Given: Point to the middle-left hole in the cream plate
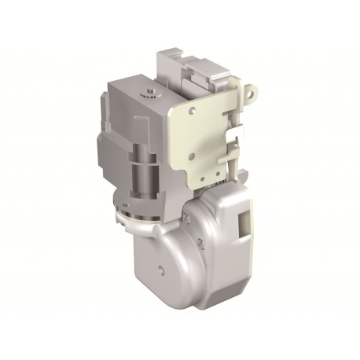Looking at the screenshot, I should coord(183,139).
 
